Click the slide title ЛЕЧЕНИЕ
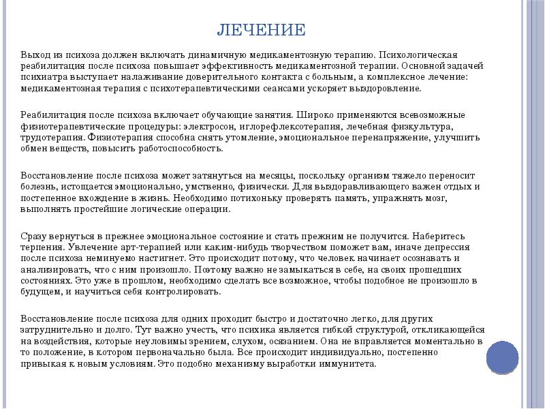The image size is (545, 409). click(261, 30)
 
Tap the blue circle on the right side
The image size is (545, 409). click(502, 356)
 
